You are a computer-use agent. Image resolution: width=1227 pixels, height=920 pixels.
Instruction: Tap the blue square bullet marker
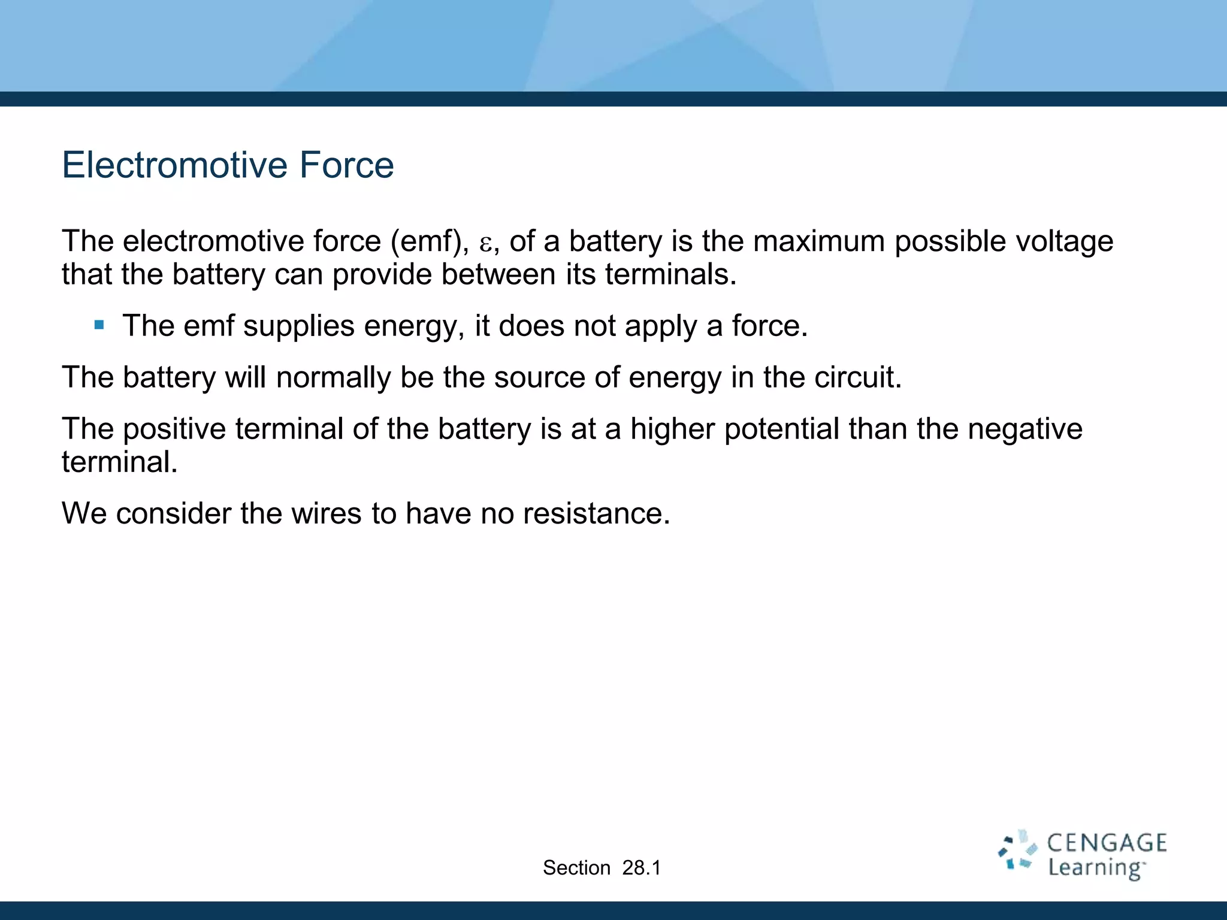click(99, 325)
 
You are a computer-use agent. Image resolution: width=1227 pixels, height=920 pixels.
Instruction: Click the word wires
click(327, 513)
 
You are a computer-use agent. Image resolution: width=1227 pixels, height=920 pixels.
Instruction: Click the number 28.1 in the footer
click(641, 867)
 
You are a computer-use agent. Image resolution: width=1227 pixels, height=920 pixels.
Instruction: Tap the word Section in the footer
click(576, 867)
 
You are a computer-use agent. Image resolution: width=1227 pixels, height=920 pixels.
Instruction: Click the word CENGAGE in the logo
click(1107, 843)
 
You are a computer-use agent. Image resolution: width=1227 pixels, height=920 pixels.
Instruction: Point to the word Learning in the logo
click(1096, 868)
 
